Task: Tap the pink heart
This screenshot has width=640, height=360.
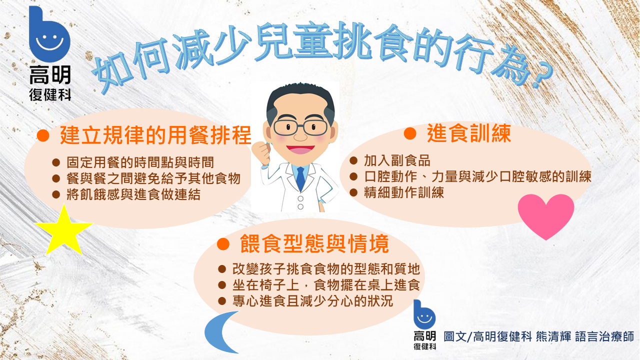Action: [546, 215]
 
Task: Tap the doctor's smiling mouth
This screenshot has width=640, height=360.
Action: [300, 149]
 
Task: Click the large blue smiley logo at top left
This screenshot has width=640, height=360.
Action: [49, 34]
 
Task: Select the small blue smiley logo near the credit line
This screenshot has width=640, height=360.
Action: [424, 315]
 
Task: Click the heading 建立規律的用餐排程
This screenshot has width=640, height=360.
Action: [155, 135]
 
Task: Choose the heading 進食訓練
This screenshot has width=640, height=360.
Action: [469, 133]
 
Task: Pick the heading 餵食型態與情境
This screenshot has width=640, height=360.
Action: [314, 243]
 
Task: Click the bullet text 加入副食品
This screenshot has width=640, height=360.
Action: [397, 160]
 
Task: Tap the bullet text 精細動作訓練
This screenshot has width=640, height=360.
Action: [404, 192]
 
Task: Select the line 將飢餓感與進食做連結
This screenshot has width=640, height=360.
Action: [133, 194]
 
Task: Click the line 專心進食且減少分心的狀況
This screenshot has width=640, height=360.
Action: [312, 301]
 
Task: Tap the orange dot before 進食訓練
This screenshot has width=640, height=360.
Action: [410, 133]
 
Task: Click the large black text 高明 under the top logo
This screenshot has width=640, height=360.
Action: [50, 75]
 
